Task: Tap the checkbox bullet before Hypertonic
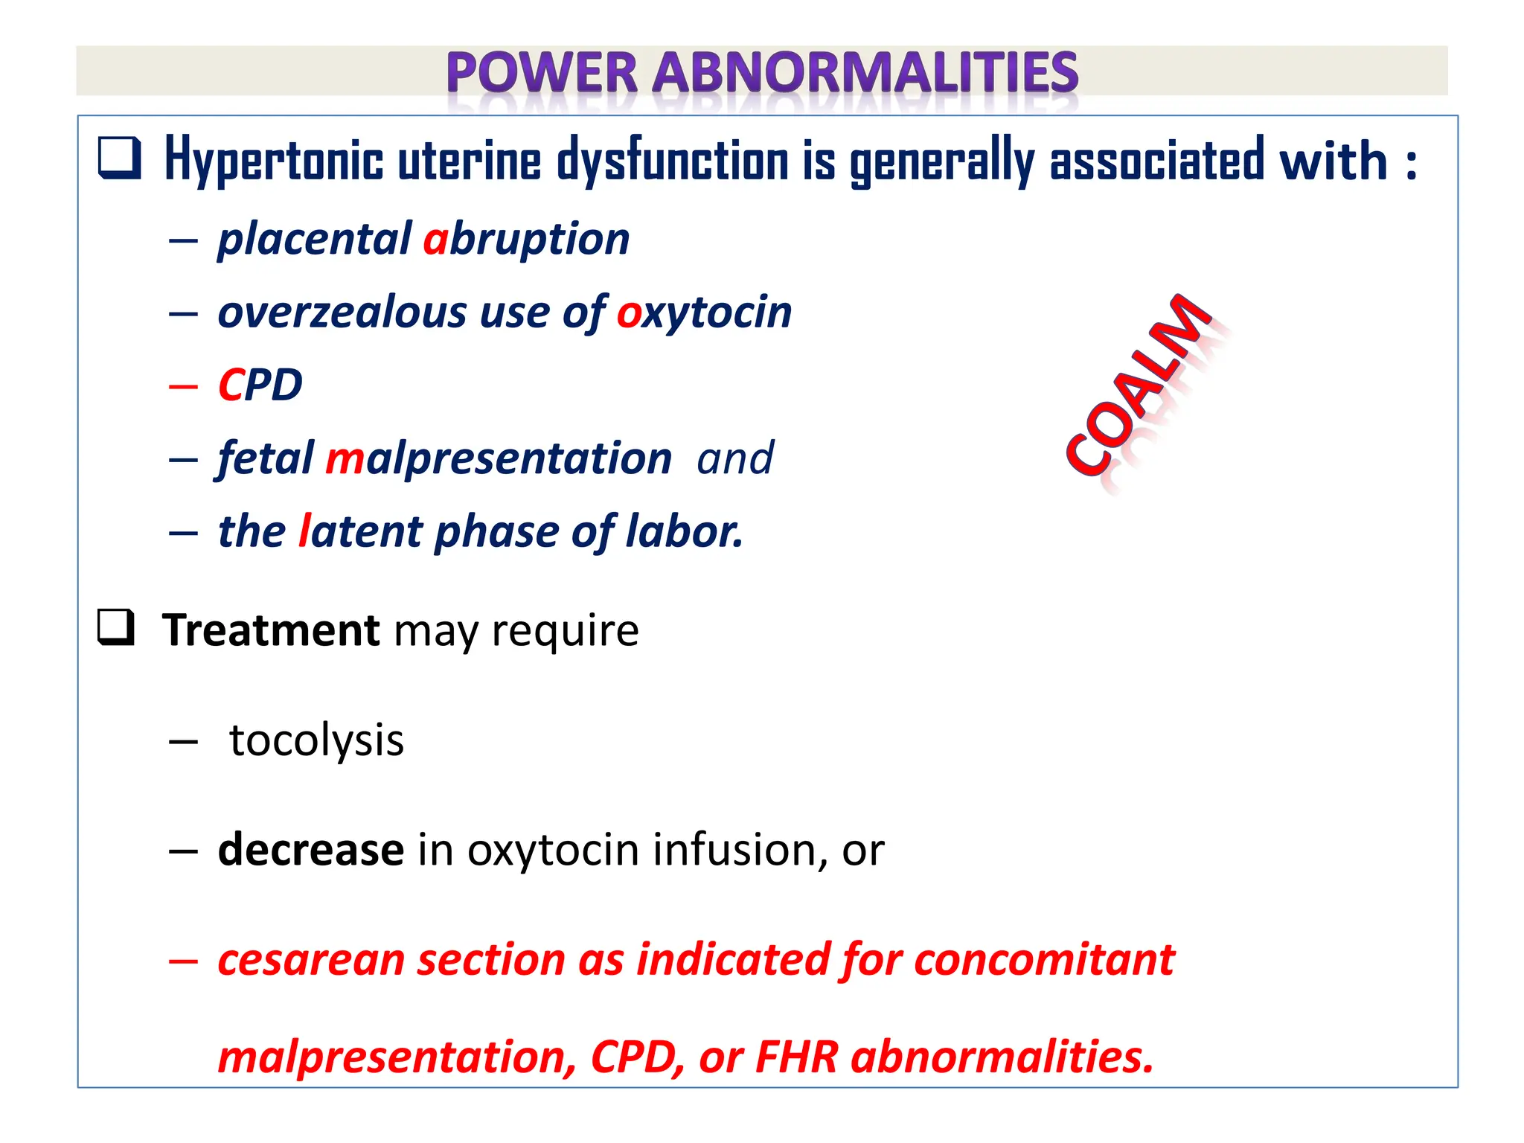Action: point(119,159)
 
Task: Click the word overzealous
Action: point(342,312)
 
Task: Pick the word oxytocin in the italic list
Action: point(704,312)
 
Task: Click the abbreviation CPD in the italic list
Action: point(260,385)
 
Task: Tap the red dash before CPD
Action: point(183,386)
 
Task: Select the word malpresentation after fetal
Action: point(499,458)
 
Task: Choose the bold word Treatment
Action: point(271,630)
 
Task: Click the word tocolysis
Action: point(316,740)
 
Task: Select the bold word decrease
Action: point(310,850)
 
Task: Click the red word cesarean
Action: point(310,959)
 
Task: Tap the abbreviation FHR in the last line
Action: point(796,1056)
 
